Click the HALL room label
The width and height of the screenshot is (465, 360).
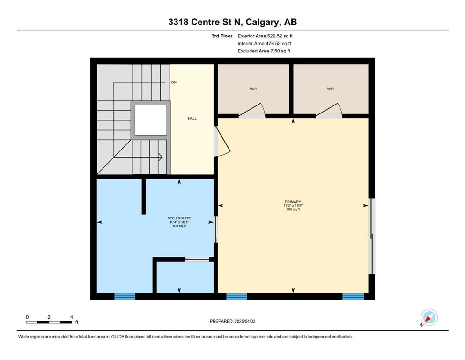pyautogui.click(x=192, y=119)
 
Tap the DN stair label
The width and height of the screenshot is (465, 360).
pyautogui.click(x=174, y=82)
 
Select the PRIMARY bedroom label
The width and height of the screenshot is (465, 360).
pyautogui.click(x=293, y=202)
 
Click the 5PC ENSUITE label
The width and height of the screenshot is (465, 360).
pyautogui.click(x=179, y=218)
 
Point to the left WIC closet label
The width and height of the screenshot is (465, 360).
pyautogui.click(x=253, y=89)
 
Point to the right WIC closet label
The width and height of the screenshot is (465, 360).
pyautogui.click(x=331, y=89)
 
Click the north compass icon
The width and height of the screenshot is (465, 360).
pyautogui.click(x=429, y=318)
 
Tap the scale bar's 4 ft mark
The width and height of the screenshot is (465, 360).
pyautogui.click(x=72, y=317)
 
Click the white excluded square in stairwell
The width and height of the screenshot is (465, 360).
pyautogui.click(x=151, y=120)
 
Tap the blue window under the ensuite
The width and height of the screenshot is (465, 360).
pyautogui.click(x=125, y=296)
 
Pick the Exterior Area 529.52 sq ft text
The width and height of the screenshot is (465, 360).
pyautogui.click(x=265, y=36)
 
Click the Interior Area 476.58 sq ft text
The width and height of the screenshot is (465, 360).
pyautogui.click(x=264, y=43)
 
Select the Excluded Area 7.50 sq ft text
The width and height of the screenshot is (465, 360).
pyautogui.click(x=264, y=51)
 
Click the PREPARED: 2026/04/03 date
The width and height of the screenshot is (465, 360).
pyautogui.click(x=232, y=321)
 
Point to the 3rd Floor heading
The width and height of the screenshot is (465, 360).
pyautogui.click(x=222, y=36)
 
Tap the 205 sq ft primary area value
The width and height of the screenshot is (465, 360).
pyautogui.click(x=293, y=209)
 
